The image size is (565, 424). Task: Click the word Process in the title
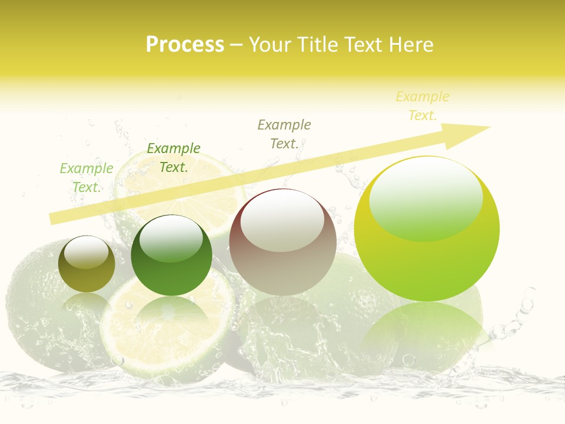pyautogui.click(x=185, y=45)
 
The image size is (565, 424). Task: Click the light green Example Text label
pyautogui.click(x=87, y=177)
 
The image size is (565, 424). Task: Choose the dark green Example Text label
pyautogui.click(x=174, y=157)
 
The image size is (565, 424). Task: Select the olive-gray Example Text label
pyautogui.click(x=284, y=134)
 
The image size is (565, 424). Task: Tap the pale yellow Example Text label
pyautogui.click(x=423, y=106)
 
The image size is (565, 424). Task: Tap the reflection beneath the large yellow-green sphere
pyautogui.click(x=421, y=330)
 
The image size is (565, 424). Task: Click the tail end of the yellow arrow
pyautogui.click(x=53, y=218)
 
